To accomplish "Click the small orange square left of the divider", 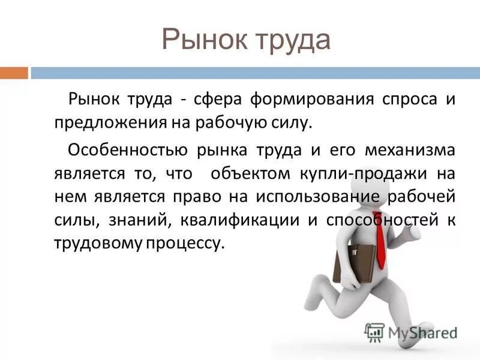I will point(14,73).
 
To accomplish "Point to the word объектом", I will point(249,173).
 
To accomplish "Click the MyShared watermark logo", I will point(411,332).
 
